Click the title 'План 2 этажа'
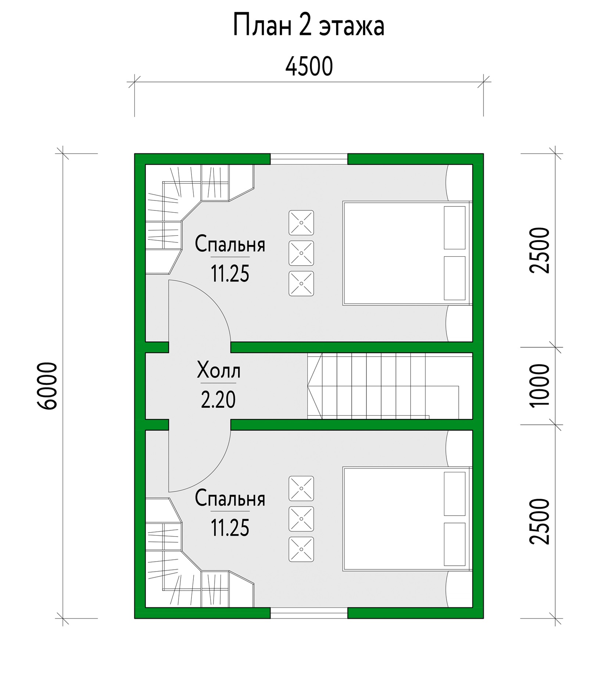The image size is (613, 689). pyautogui.click(x=309, y=26)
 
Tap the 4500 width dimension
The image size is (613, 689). pyautogui.click(x=309, y=66)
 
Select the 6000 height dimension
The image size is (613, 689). pyautogui.click(x=47, y=386)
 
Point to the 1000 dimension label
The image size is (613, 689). pyautogui.click(x=539, y=385)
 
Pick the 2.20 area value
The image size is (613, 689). pyautogui.click(x=218, y=400)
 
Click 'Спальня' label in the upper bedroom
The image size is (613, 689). pyautogui.click(x=230, y=244)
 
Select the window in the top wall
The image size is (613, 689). pyautogui.click(x=309, y=159)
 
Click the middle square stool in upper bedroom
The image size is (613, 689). pyautogui.click(x=301, y=253)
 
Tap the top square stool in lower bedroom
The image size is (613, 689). pyautogui.click(x=301, y=488)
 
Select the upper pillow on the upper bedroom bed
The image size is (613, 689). pyautogui.click(x=455, y=228)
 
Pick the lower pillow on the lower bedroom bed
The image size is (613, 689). pyautogui.click(x=455, y=544)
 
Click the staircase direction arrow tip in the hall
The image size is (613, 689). pyautogui.click(x=308, y=386)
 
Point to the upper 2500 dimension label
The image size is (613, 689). pyautogui.click(x=539, y=250)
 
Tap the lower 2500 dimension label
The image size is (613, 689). pyautogui.click(x=539, y=521)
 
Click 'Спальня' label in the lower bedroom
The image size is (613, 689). pyautogui.click(x=230, y=498)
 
